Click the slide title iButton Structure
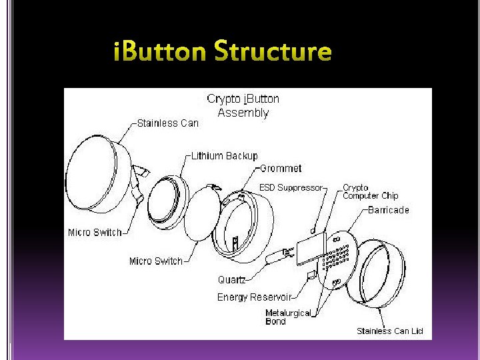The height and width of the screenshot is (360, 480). [222, 52]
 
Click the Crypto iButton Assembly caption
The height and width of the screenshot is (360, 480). [243, 105]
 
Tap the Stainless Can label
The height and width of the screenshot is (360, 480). [167, 123]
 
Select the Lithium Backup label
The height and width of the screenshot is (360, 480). [224, 156]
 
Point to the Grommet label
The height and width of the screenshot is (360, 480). [281, 169]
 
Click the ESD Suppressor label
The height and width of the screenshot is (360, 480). [290, 188]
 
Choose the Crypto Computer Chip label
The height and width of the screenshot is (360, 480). [370, 192]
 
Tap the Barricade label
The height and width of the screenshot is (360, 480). [388, 210]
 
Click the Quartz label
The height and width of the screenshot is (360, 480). [231, 280]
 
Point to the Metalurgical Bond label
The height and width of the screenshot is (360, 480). [288, 317]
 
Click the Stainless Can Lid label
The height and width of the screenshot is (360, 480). [389, 331]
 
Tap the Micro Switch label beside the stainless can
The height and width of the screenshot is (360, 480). [95, 233]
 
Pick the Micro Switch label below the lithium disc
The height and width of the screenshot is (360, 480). [155, 261]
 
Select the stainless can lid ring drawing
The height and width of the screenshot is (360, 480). [381, 274]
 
